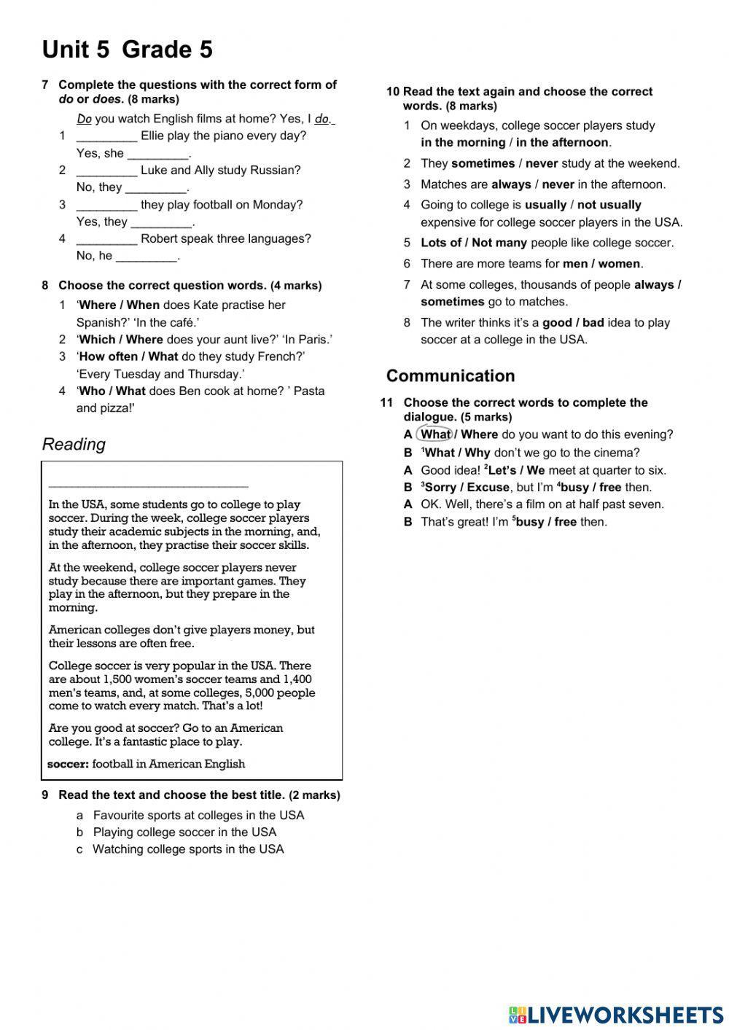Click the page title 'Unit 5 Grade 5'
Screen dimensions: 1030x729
pyautogui.click(x=128, y=50)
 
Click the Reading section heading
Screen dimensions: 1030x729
pyautogui.click(x=74, y=444)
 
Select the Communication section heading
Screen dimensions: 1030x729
pyautogui.click(x=451, y=375)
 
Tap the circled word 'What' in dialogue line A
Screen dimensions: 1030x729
pyautogui.click(x=435, y=434)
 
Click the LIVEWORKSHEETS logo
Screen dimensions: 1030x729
pyautogui.click(x=616, y=1015)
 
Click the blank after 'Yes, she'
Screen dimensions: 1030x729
pyautogui.click(x=157, y=154)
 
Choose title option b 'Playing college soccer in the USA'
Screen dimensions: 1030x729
pyautogui.click(x=184, y=832)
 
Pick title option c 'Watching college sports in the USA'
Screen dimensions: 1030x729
pyautogui.click(x=188, y=848)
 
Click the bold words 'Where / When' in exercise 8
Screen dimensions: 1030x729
pyautogui.click(x=119, y=305)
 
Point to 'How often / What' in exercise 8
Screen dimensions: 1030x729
pyautogui.click(x=128, y=356)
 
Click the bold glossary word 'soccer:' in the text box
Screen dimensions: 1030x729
pyautogui.click(x=68, y=764)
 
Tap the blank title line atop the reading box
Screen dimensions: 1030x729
pyautogui.click(x=148, y=485)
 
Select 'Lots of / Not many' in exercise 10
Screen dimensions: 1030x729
pyautogui.click(x=474, y=243)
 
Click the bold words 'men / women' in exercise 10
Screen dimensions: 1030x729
pyautogui.click(x=601, y=263)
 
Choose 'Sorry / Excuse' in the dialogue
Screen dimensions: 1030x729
pyautogui.click(x=467, y=487)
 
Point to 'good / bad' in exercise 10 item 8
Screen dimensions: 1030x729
pyautogui.click(x=573, y=322)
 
